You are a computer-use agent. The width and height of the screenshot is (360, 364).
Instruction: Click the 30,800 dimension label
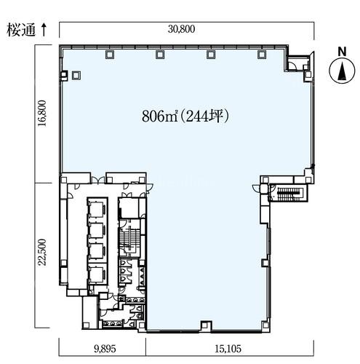point(181,29)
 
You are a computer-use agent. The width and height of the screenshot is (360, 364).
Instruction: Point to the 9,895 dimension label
point(105,349)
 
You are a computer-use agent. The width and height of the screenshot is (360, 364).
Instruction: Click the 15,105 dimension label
point(228,349)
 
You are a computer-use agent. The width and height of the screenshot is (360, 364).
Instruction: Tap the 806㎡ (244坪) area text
point(185,116)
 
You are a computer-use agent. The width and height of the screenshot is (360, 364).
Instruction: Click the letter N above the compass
point(342,52)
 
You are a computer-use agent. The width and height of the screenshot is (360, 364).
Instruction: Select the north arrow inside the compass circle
point(342,71)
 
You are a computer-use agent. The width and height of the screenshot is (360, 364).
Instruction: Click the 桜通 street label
point(21,30)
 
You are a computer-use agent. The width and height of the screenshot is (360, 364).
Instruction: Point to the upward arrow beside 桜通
point(44,30)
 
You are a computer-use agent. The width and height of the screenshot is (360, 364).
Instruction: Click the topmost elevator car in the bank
point(97,209)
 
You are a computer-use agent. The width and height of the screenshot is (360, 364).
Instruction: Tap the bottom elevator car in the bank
point(97,274)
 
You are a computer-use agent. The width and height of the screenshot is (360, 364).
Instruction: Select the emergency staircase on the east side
point(289,193)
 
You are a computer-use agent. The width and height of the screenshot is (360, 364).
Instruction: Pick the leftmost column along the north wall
point(110,55)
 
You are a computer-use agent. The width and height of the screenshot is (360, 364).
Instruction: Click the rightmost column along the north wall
point(261,55)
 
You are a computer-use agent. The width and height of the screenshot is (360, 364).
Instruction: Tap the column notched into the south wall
point(206,325)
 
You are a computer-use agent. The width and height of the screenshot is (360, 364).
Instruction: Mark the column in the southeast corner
point(265,325)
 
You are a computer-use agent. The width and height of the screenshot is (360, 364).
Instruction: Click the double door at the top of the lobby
point(98,180)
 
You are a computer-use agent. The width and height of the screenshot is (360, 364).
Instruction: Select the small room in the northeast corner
point(297,63)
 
